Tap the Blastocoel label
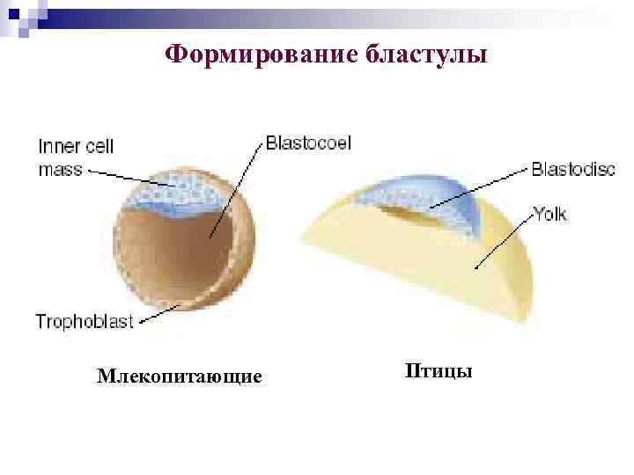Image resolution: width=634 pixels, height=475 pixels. coord(307,143)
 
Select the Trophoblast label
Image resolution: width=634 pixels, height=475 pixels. coord(84,322)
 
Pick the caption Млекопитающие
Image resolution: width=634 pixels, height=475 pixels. coord(180,377)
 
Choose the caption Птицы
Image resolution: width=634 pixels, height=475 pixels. coord(438,370)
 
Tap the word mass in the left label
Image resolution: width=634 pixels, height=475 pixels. coord(60,169)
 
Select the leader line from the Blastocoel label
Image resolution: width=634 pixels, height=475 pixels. coord(238,189)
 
